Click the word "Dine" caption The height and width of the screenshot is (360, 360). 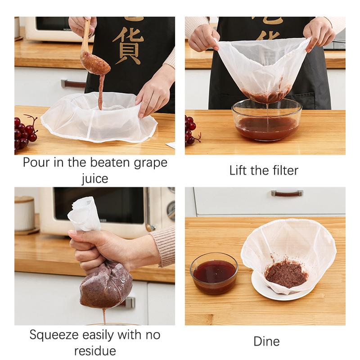click(x=266, y=341)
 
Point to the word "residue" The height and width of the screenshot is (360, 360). click(x=94, y=351)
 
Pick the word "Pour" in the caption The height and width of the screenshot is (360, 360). click(x=37, y=162)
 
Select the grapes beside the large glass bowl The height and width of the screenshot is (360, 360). click(x=191, y=130)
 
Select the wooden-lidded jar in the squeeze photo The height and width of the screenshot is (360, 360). click(x=24, y=214)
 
